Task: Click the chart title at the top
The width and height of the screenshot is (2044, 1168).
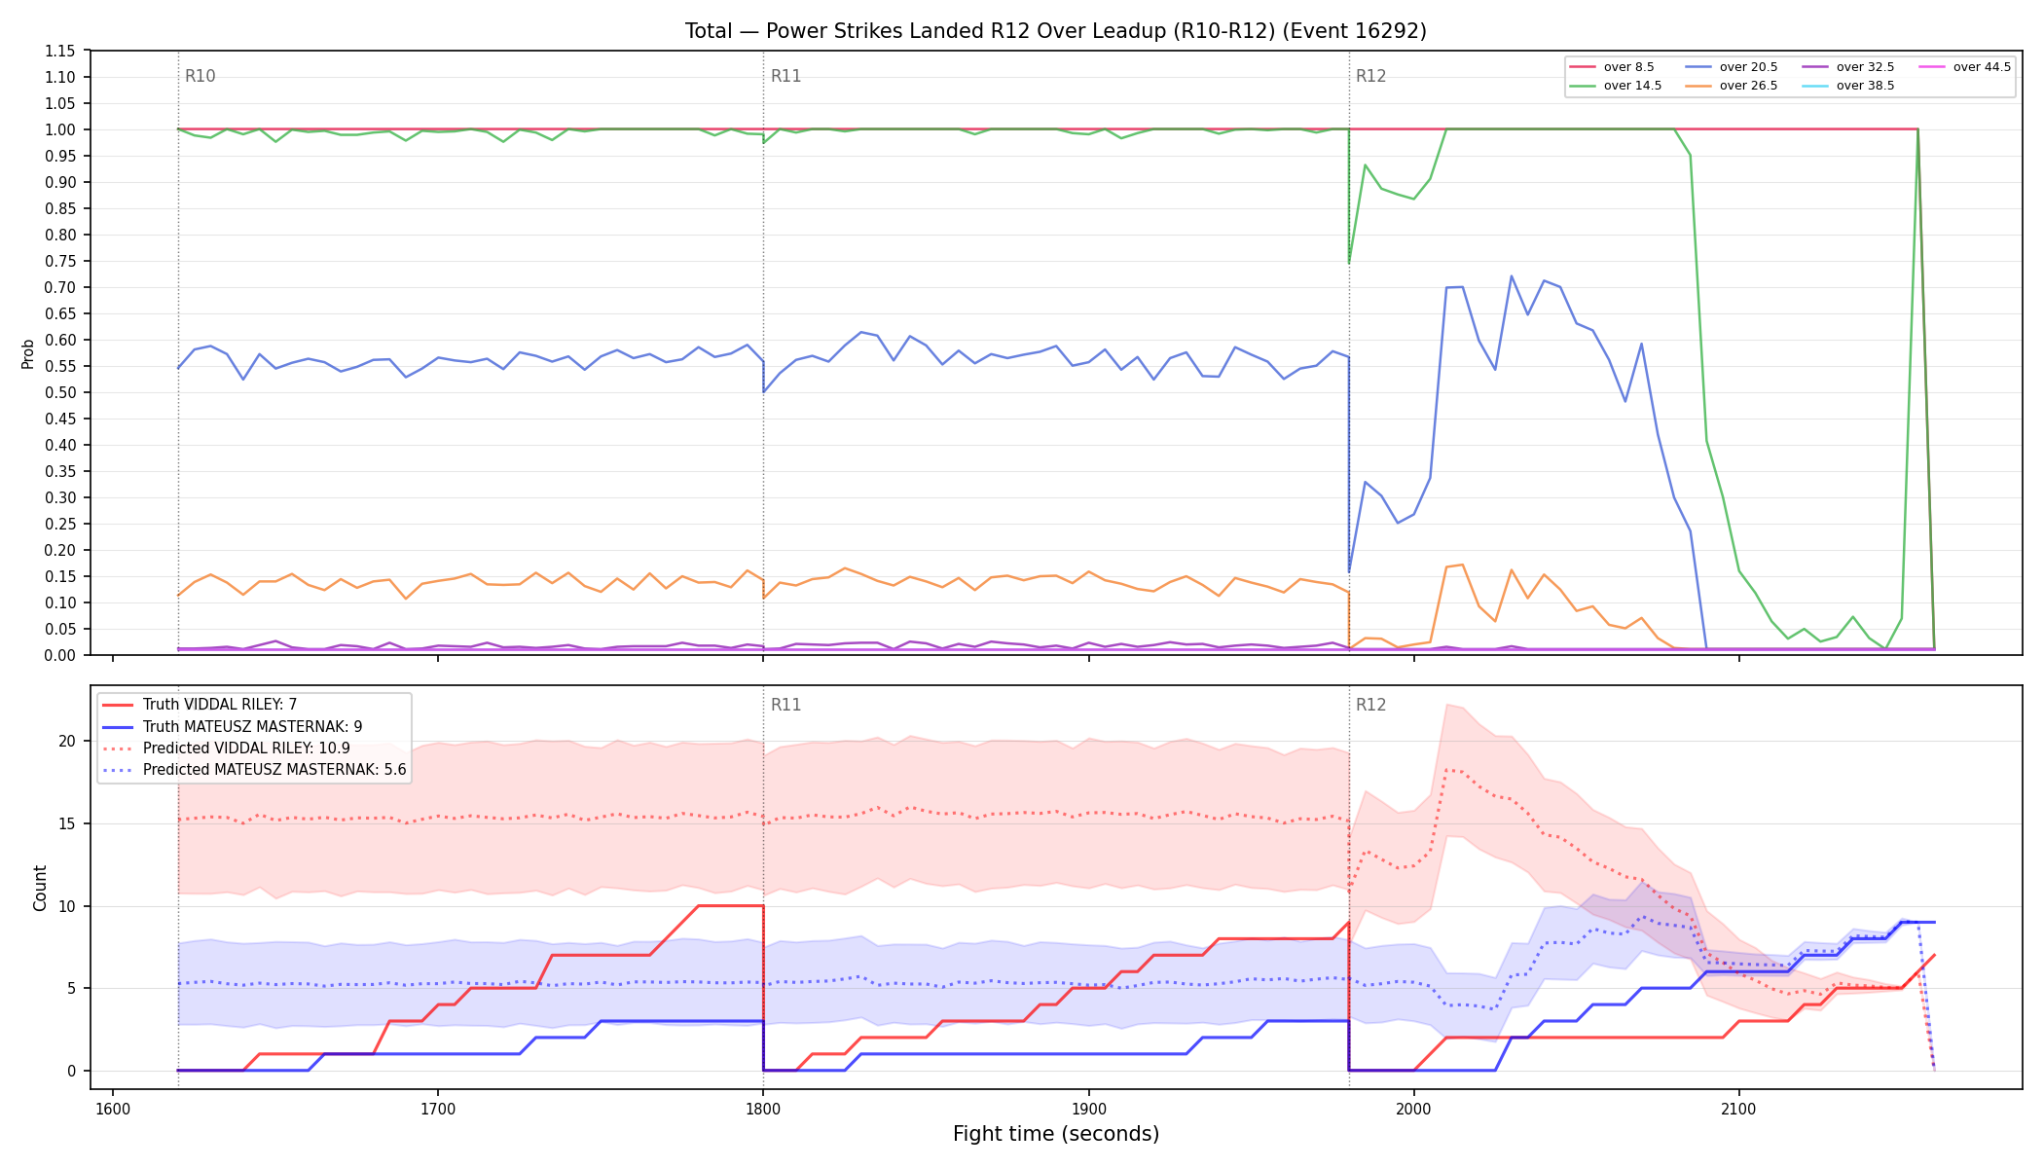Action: click(x=1055, y=31)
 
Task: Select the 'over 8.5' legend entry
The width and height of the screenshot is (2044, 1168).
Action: click(x=1612, y=67)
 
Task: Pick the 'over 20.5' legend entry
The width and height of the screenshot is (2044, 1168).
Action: click(x=1731, y=67)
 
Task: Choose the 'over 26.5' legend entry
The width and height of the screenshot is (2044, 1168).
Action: click(x=1731, y=86)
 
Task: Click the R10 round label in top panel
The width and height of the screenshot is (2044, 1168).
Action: click(x=201, y=76)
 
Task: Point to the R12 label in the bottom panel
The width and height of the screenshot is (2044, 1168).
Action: click(x=1370, y=705)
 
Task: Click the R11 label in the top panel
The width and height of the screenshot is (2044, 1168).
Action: click(x=785, y=76)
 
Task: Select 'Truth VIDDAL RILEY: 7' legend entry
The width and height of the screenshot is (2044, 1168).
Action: click(x=200, y=705)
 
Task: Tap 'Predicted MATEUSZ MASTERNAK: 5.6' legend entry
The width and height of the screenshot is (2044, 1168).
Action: click(x=254, y=770)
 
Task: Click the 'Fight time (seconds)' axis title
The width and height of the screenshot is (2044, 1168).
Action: click(x=1056, y=1134)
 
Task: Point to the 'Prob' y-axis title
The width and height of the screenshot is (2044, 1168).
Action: click(x=28, y=353)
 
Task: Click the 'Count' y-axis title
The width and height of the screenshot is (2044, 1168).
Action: click(x=40, y=888)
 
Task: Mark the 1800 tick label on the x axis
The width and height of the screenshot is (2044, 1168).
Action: click(x=763, y=1109)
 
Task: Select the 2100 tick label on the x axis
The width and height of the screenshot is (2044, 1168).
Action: click(x=1738, y=1109)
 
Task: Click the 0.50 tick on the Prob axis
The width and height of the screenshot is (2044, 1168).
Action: click(x=60, y=392)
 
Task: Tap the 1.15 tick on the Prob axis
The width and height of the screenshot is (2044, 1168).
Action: click(x=60, y=51)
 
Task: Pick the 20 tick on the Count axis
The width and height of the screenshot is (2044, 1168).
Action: click(x=66, y=741)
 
